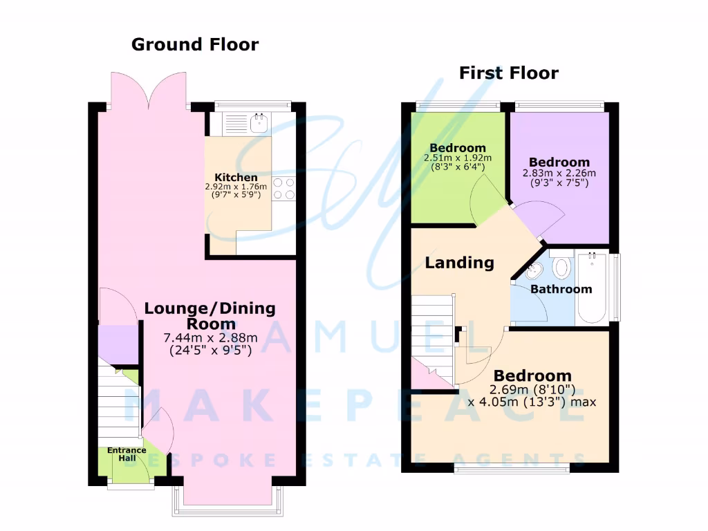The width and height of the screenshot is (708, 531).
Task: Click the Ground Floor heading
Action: (195, 45)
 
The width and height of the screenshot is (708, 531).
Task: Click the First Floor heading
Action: (508, 73)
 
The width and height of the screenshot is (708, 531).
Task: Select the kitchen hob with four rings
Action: (285, 189)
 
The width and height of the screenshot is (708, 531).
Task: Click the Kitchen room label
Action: (236, 178)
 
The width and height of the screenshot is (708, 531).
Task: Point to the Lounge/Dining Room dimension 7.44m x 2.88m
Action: (210, 338)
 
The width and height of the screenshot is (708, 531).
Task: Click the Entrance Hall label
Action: (127, 454)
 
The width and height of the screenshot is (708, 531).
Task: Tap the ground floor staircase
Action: (118, 401)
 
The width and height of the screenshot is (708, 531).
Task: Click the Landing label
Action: (459, 263)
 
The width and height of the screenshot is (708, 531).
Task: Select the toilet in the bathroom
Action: (561, 267)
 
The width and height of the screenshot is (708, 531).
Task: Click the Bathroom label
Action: (561, 289)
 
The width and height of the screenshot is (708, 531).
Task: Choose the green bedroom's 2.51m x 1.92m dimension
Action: (457, 158)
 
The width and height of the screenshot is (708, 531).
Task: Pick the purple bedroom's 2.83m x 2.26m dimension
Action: (559, 173)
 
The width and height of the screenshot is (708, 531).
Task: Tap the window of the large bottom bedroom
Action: (512, 469)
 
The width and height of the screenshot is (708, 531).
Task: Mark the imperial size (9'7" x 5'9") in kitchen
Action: (236, 196)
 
